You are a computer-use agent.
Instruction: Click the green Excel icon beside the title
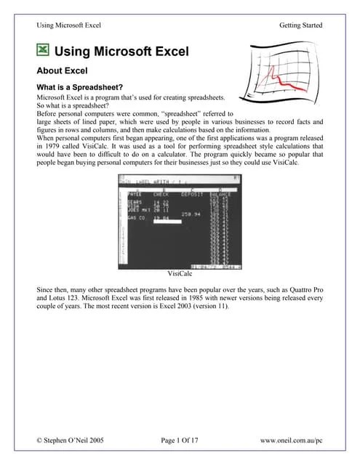pos(44,51)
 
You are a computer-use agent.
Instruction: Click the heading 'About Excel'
pos(62,71)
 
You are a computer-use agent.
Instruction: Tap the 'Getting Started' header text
pos(300,25)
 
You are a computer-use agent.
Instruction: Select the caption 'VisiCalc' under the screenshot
pos(180,273)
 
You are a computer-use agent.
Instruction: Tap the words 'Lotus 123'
pos(68,299)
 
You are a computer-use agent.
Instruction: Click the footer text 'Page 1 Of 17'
pos(179,440)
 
